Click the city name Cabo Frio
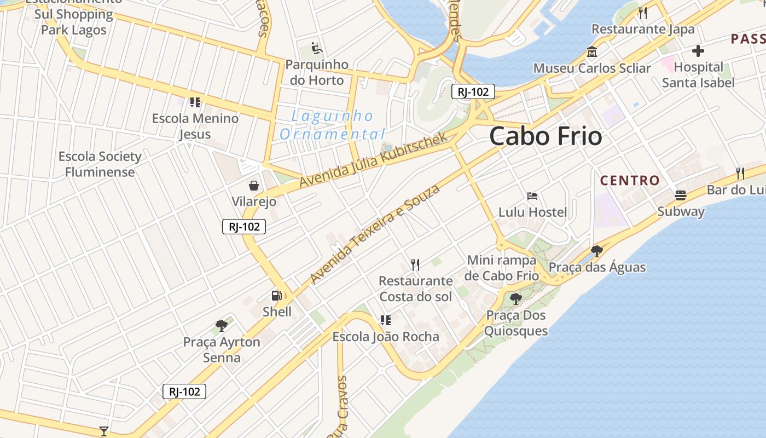click(546, 136)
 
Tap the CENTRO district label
click(630, 180)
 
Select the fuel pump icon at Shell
click(277, 296)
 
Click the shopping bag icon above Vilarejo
click(254, 185)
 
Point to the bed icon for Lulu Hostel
click(532, 195)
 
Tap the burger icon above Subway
click(681, 195)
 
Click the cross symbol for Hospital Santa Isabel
click(698, 51)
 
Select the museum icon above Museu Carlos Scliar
click(591, 53)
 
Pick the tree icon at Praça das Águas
click(597, 251)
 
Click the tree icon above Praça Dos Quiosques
click(515, 298)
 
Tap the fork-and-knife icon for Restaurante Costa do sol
click(415, 265)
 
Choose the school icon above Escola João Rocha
click(386, 320)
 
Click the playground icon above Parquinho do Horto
click(316, 49)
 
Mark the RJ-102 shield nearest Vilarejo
click(244, 227)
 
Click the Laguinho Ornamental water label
click(332, 125)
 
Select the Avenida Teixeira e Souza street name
click(375, 234)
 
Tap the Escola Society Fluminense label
click(100, 164)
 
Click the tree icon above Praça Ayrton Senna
click(222, 326)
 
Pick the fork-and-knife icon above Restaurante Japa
click(643, 13)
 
